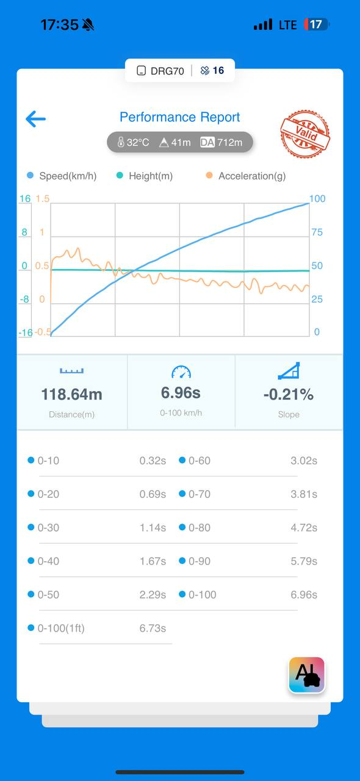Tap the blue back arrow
[35, 119]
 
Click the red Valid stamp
[305, 134]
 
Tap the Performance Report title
[179, 117]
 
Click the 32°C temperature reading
[133, 142]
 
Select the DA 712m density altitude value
[221, 142]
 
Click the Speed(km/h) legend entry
[62, 176]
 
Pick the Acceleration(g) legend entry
[246, 176]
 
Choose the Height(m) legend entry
[145, 176]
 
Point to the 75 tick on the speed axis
[317, 232]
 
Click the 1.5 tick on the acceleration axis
[43, 199]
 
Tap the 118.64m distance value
[71, 394]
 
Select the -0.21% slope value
[289, 394]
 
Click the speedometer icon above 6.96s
[181, 372]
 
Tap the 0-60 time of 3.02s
[304, 461]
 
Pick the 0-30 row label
[48, 528]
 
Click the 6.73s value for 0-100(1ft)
[153, 628]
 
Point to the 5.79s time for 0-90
[304, 561]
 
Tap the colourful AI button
[307, 675]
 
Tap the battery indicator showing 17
[317, 24]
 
